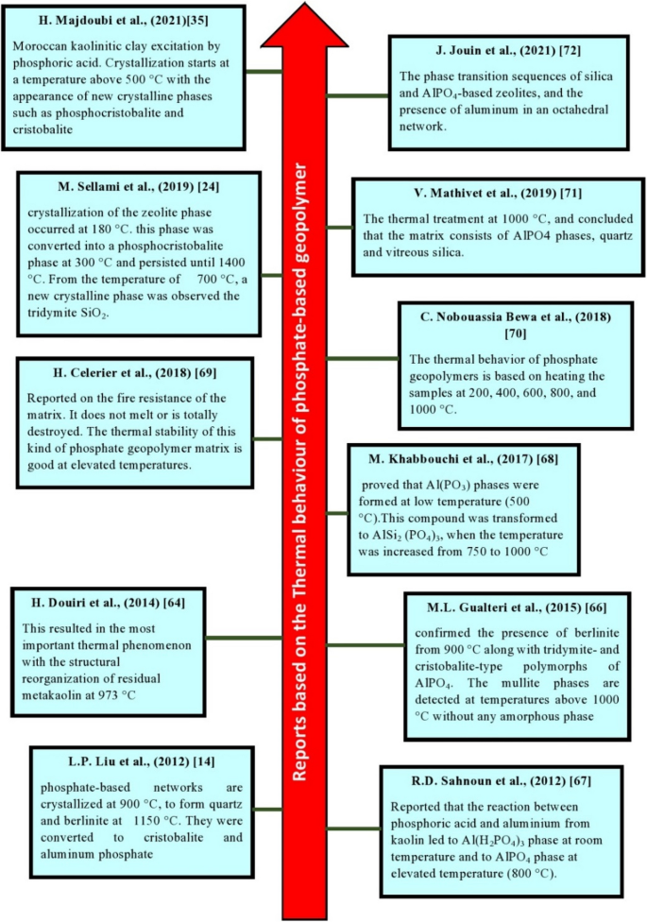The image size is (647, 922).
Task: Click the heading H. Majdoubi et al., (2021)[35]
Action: click(128, 21)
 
